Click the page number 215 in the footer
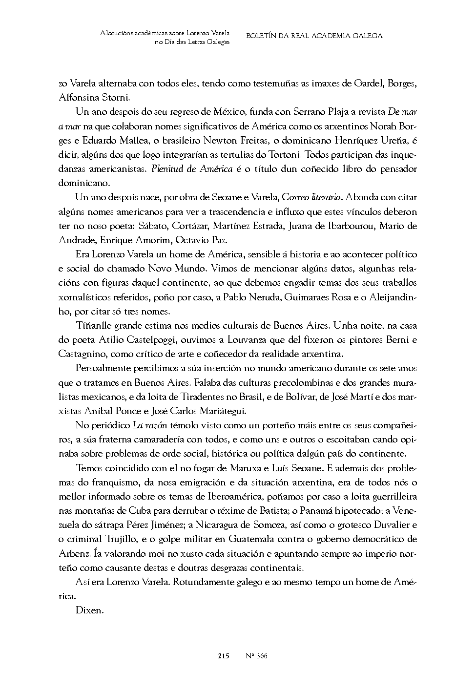(x=224, y=656)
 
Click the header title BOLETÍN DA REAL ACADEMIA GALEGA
(x=314, y=36)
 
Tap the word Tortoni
(x=285, y=154)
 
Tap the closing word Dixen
(x=89, y=610)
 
